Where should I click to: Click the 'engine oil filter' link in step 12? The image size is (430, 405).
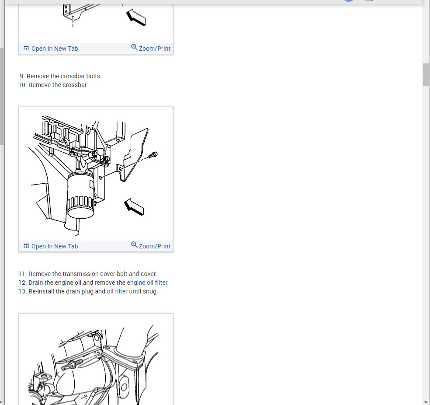coord(147,283)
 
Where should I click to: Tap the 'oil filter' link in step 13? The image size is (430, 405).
coord(117,291)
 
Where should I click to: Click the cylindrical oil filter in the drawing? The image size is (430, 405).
coord(80,195)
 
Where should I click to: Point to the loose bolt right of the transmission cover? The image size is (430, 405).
coord(153,155)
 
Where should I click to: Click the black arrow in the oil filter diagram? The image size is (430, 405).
coord(134,207)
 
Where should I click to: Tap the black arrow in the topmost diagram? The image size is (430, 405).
coord(136,17)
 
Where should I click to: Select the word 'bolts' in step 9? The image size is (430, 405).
coord(94,76)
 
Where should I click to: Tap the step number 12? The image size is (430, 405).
coord(22,283)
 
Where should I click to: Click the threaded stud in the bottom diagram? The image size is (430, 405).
coord(72,365)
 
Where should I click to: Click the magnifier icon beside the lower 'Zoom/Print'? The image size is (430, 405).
coord(134,244)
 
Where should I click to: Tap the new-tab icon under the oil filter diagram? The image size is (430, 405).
coord(26,246)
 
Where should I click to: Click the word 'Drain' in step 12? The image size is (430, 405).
coord(35,283)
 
